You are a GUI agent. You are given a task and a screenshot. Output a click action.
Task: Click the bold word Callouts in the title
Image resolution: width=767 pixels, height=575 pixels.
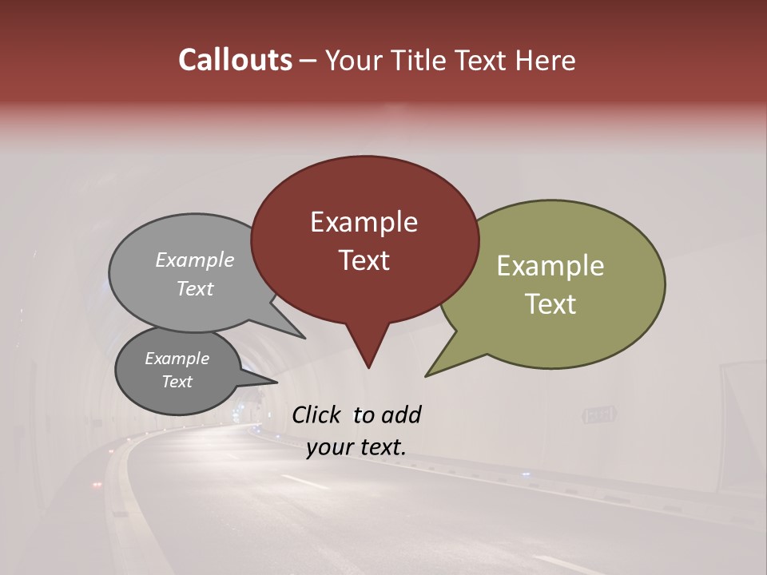click(x=235, y=60)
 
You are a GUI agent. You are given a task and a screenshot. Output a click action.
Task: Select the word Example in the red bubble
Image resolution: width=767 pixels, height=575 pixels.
click(x=364, y=222)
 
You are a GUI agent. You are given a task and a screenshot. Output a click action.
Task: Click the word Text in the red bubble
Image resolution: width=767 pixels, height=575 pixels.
click(x=364, y=260)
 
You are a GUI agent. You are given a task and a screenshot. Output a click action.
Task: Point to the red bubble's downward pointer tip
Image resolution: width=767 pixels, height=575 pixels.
click(x=368, y=367)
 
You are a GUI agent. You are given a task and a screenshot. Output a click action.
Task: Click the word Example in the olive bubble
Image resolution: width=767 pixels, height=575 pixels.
click(x=550, y=266)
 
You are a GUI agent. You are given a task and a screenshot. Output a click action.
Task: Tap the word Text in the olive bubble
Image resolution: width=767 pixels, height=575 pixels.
click(x=550, y=304)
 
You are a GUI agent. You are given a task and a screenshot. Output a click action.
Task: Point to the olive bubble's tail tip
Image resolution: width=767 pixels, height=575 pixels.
click(x=426, y=375)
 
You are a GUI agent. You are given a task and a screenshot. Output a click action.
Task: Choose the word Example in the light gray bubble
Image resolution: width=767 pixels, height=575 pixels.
click(x=195, y=260)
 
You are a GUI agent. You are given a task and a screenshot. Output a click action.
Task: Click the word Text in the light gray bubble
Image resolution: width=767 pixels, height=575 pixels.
click(x=195, y=288)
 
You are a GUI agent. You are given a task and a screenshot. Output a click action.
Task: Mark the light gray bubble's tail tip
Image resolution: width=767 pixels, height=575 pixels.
click(x=305, y=338)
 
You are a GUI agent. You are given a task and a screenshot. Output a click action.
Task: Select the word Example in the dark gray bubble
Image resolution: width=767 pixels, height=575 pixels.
click(x=177, y=359)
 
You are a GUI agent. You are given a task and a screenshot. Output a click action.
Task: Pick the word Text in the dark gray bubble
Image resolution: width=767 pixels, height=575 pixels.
click(x=177, y=382)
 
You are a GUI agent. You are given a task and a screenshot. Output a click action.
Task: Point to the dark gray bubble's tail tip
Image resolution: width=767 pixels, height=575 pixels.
click(x=277, y=383)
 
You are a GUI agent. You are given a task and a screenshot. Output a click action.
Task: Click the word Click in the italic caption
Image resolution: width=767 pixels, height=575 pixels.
click(x=318, y=414)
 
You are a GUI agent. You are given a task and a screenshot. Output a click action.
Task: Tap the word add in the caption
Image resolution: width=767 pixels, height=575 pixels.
click(x=400, y=414)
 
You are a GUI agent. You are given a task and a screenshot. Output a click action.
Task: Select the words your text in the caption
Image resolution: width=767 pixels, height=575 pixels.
click(x=356, y=447)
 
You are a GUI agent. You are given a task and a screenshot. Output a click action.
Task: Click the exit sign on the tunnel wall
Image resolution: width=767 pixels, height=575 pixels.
click(x=599, y=414)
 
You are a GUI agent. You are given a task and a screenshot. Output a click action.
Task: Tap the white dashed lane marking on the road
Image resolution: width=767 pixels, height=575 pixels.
click(x=304, y=482)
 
